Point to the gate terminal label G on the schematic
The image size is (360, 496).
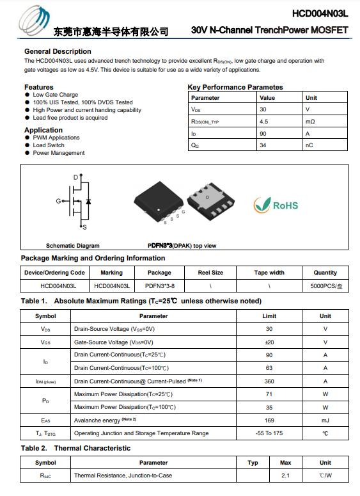58,201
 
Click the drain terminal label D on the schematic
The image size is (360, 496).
75,177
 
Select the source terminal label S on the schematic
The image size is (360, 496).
85,227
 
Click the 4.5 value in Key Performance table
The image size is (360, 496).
263,122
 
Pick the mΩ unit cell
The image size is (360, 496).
310,122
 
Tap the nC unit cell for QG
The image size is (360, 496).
309,145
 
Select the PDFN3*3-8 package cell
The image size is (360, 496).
159,286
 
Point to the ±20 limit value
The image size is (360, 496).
269,342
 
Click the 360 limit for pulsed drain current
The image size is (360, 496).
269,381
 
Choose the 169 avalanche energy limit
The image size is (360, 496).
269,420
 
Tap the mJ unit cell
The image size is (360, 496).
325,420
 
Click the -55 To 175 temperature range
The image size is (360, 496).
269,433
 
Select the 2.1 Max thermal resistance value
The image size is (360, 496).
286,476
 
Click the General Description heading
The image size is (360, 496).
58,51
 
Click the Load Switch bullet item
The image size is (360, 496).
49,145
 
